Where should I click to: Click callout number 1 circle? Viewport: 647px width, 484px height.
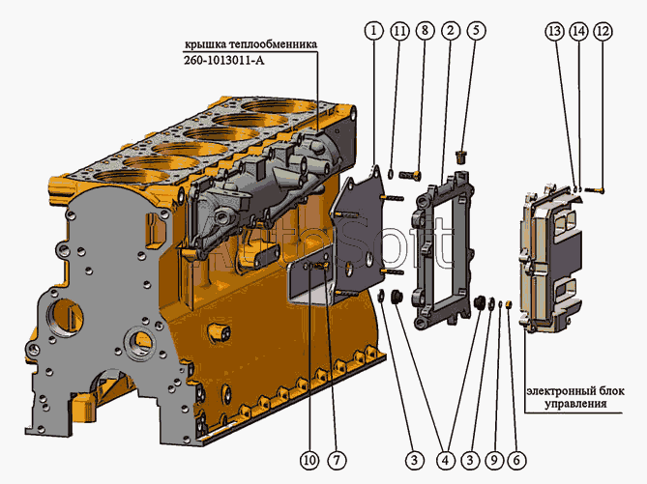374,31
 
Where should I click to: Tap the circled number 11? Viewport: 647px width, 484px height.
399,31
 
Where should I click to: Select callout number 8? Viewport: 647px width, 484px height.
425,31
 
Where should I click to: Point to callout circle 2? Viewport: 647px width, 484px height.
450,31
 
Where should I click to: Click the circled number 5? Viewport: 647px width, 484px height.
476,31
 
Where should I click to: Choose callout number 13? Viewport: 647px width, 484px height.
553,32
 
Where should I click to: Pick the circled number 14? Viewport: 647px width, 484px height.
578,32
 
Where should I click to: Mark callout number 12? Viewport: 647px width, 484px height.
603,32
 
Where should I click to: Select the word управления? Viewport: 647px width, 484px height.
573,407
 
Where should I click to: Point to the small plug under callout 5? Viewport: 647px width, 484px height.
461,155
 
